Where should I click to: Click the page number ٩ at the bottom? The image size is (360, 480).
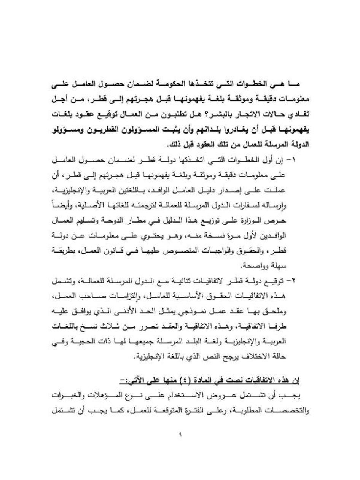(180, 435)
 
